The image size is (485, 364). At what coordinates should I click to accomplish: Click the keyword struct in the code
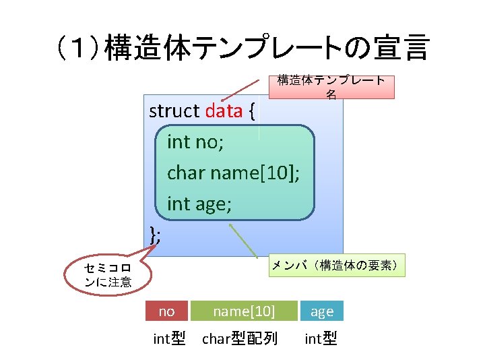pyautogui.click(x=174, y=111)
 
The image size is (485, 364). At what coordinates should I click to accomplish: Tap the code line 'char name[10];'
pyautogui.click(x=233, y=173)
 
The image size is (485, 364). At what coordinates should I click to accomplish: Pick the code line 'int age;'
pyautogui.click(x=199, y=203)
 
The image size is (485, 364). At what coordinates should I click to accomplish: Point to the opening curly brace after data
pyautogui.click(x=251, y=111)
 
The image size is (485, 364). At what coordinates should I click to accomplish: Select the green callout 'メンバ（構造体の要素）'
pyautogui.click(x=337, y=266)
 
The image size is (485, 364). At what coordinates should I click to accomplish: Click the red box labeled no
pyautogui.click(x=166, y=311)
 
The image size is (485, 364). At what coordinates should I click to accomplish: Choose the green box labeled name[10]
pyautogui.click(x=244, y=311)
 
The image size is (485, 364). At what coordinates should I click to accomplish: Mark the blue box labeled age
pyautogui.click(x=321, y=311)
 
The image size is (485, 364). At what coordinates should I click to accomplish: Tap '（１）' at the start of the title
pyautogui.click(x=79, y=49)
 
